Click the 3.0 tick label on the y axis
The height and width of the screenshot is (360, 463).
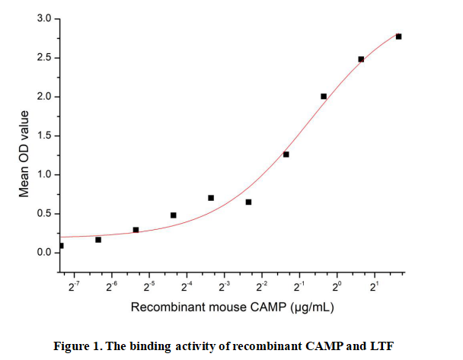click(45, 18)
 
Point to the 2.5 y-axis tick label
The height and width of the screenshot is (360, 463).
click(45, 58)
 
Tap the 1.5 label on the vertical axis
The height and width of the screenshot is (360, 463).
click(45, 136)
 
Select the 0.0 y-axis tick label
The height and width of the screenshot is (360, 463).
click(45, 253)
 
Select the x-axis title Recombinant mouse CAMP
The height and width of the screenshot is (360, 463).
click(199, 307)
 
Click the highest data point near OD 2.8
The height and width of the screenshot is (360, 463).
click(398, 37)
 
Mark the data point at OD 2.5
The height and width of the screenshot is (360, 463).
click(361, 59)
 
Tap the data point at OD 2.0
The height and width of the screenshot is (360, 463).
click(324, 97)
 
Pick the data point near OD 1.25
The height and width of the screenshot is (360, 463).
click(286, 155)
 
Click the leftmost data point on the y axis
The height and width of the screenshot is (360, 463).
click(61, 246)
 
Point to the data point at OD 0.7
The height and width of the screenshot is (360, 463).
click(211, 198)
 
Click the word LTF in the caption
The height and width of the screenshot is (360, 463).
click(383, 346)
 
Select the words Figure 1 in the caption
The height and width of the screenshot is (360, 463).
click(77, 346)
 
